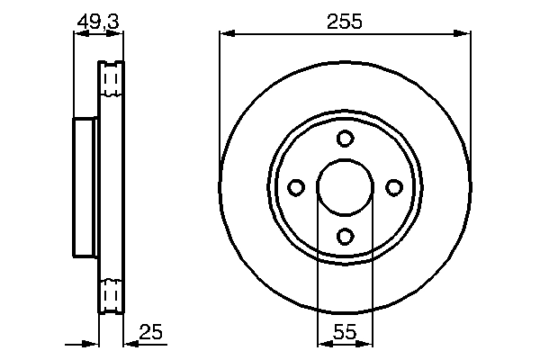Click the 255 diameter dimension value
click(345, 22)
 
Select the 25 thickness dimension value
click(152, 333)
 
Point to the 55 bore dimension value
click(345, 333)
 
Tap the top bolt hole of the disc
click(345, 139)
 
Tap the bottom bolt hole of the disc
click(345, 236)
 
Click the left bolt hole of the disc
click(296, 187)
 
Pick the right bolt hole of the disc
click(393, 187)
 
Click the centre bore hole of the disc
click(345, 187)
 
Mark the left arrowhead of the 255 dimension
click(226, 34)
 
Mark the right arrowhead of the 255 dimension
click(464, 34)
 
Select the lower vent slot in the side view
click(112, 294)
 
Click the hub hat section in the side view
click(86, 187)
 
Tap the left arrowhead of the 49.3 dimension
click(78, 34)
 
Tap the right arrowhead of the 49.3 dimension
click(118, 34)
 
